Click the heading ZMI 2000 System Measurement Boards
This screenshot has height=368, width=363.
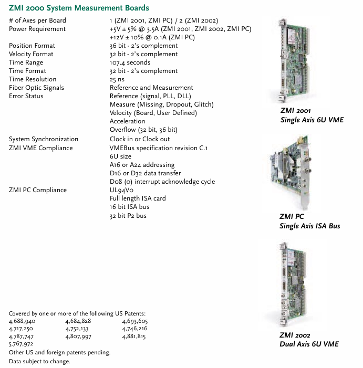79,8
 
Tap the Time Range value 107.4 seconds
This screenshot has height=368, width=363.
130,62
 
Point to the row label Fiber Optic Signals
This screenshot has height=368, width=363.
36,88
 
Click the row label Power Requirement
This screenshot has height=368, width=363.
37,29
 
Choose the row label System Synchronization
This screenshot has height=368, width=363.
44,139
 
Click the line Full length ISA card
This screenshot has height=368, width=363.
138,198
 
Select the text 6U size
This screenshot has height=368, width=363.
120,156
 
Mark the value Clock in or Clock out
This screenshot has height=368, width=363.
140,139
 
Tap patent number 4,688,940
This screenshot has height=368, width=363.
22,321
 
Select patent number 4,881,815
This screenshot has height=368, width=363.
134,336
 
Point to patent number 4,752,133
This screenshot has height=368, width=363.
78,329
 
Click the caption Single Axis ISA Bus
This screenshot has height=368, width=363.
309,226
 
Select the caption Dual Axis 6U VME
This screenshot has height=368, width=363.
309,344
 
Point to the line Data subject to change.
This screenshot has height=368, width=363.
39,361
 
